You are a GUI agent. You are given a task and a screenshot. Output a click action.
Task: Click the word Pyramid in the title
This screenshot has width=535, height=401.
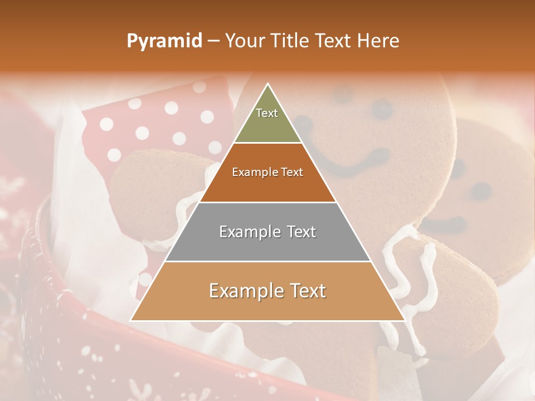(x=164, y=41)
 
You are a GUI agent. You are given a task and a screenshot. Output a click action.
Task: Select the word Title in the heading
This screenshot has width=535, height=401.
(x=289, y=41)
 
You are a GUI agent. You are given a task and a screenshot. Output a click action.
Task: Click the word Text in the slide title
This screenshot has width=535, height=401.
(x=333, y=41)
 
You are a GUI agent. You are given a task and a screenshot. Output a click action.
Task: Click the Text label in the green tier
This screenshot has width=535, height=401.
(x=267, y=113)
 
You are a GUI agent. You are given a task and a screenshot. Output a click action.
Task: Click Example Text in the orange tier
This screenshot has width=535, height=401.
(x=267, y=173)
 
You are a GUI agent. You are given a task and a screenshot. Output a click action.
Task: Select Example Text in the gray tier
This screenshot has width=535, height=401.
(x=267, y=232)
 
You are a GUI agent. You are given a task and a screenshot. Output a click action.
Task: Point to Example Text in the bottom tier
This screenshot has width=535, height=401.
(x=267, y=291)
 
